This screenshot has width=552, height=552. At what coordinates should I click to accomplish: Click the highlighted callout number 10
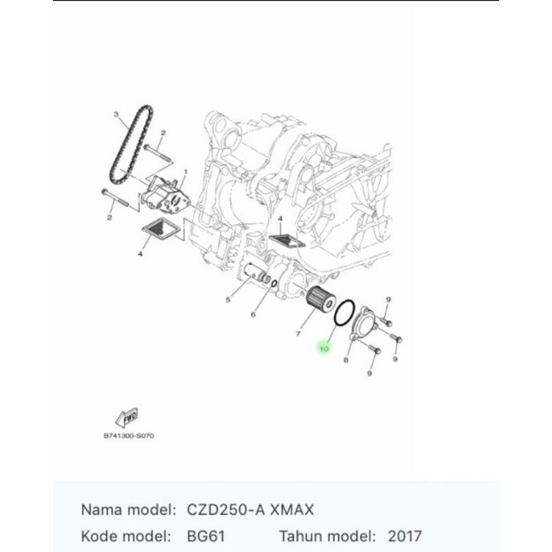(324, 348)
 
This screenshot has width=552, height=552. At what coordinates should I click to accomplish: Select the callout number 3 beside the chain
(115, 113)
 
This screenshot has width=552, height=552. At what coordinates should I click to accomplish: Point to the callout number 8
(347, 360)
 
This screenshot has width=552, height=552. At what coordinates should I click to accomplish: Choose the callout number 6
(253, 314)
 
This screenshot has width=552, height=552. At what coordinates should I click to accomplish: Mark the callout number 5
(228, 300)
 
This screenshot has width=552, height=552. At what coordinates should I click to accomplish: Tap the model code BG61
(209, 537)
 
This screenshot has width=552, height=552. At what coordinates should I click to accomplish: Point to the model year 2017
(404, 537)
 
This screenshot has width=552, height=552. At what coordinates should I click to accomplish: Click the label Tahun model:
(327, 537)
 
